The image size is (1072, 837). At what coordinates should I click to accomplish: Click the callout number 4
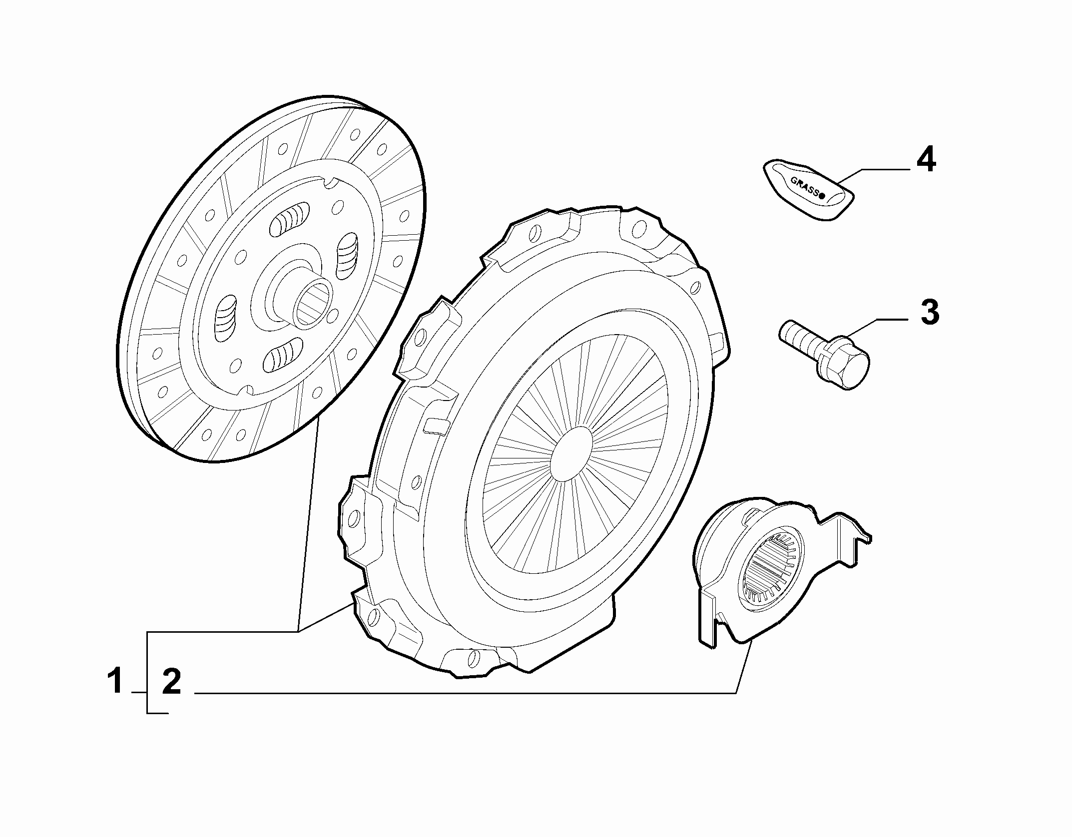pyautogui.click(x=926, y=159)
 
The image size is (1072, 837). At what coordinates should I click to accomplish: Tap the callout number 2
pyautogui.click(x=171, y=682)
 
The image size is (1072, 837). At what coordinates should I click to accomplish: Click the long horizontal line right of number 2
pyautogui.click(x=465, y=693)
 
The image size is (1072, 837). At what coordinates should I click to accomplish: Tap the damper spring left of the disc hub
pyautogui.click(x=225, y=319)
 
